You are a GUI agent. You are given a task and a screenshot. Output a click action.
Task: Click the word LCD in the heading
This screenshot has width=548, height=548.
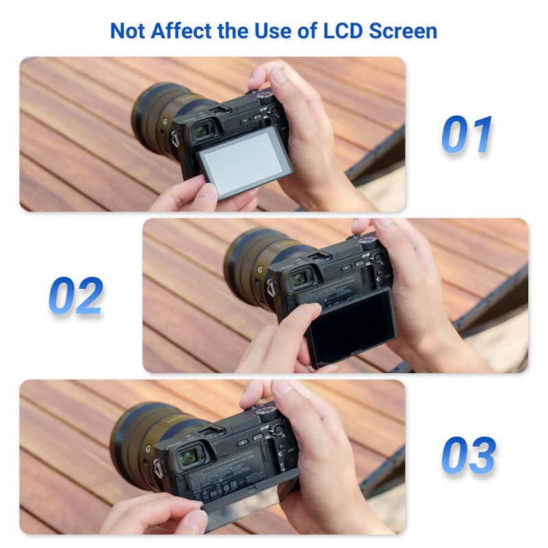tap(338, 31)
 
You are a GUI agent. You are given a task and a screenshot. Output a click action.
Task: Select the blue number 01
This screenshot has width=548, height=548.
tap(467, 134)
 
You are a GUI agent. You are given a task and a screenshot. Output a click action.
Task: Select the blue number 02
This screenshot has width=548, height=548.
tap(76, 295)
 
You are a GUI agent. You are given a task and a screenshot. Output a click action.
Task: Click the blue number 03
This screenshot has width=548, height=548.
tap(468, 455)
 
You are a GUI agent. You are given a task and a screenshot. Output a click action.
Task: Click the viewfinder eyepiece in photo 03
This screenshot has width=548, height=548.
tap(186, 457)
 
